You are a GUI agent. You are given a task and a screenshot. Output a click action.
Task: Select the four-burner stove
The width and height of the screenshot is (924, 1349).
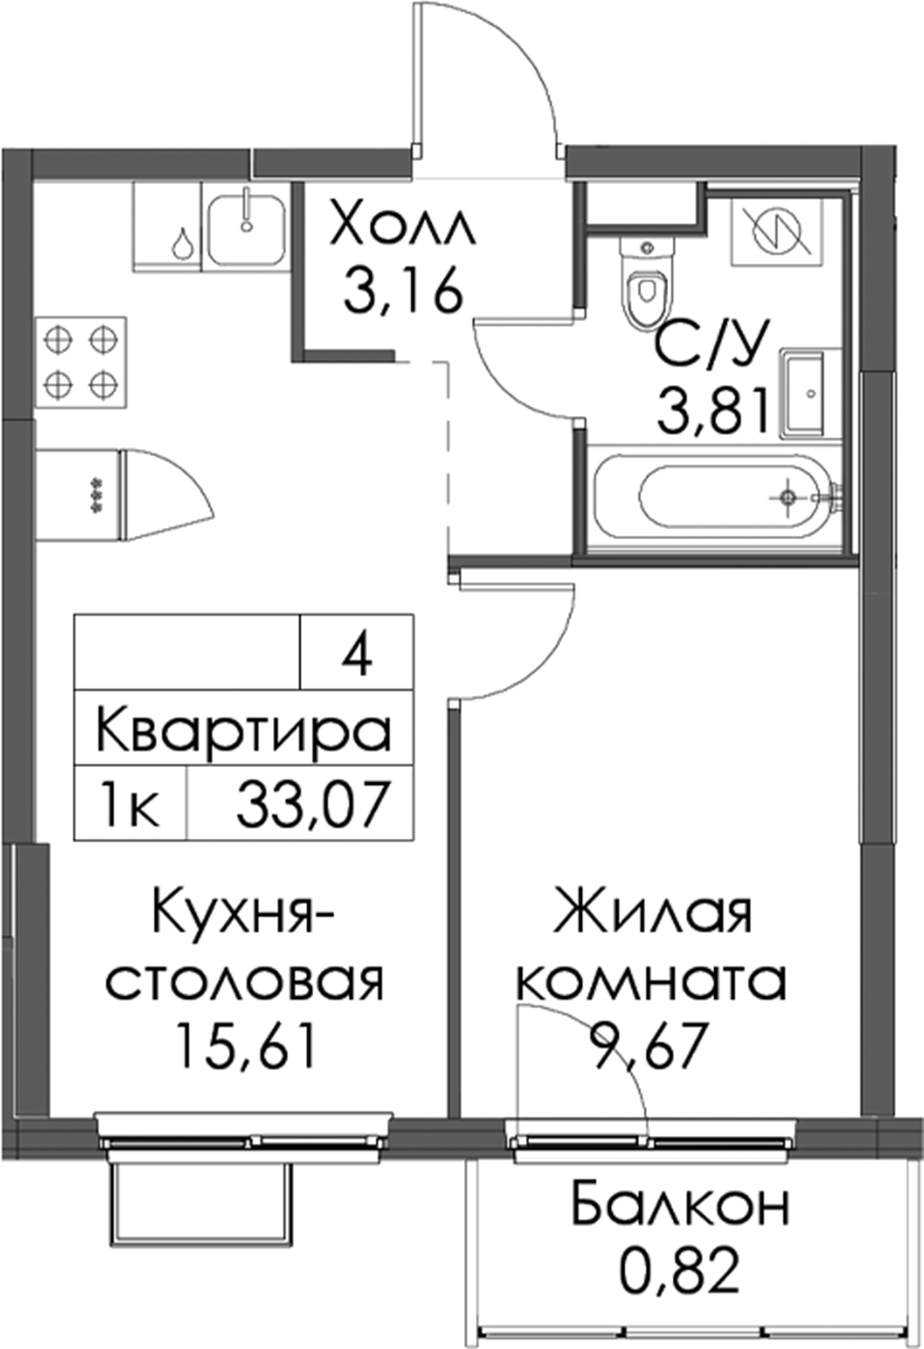(82, 361)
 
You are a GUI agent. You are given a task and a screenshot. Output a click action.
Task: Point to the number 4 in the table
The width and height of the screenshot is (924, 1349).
(357, 654)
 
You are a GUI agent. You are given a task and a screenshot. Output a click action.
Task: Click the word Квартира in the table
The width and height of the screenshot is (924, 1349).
(244, 728)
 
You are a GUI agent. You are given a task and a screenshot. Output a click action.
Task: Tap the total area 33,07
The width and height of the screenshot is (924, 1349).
(310, 805)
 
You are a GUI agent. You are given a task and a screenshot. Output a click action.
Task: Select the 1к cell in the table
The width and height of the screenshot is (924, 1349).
(129, 804)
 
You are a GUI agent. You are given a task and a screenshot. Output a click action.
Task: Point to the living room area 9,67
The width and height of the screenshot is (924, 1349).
(647, 1046)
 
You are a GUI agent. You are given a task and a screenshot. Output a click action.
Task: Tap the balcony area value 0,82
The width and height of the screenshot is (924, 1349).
(679, 1269)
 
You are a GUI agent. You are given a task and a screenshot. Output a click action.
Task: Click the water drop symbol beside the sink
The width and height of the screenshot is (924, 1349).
(181, 243)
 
